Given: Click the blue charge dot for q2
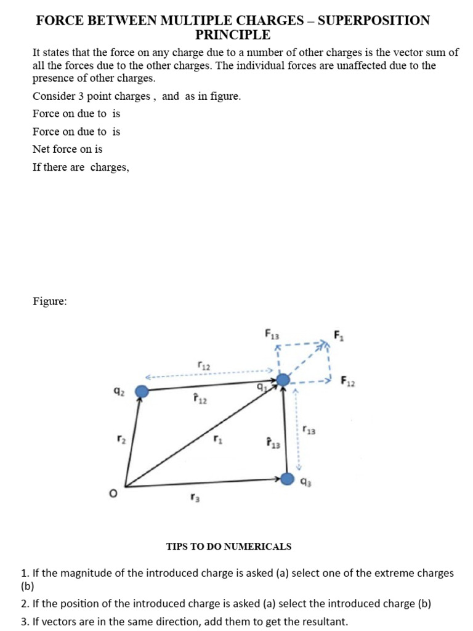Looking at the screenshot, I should pos(142,391).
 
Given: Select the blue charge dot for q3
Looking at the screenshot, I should pos(288,479).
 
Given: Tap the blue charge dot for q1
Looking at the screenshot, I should pos(283,381).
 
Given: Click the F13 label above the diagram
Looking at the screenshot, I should pos(272,335).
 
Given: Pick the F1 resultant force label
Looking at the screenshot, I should pos(339,336).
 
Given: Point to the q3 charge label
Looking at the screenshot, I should pos(306,483).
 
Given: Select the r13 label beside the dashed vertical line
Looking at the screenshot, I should pos(309,429).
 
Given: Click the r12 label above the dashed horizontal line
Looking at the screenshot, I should pos(204,365).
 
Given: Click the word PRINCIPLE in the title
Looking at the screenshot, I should pos(233,35).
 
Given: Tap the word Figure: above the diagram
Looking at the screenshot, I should pos(50,301).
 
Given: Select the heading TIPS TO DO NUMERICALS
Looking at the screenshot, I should pos(228,547).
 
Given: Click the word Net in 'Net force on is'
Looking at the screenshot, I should pos(41,149).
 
